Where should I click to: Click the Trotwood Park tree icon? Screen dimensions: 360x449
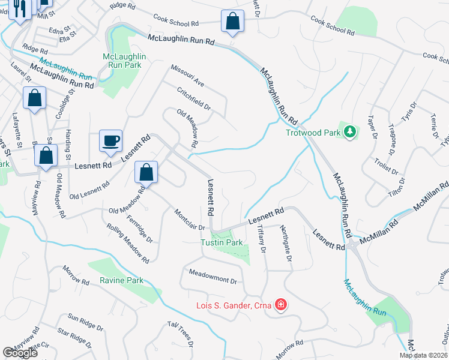coord(349,131)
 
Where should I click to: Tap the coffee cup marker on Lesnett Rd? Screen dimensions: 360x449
coord(110,141)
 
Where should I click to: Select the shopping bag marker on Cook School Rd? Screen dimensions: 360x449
coord(232,21)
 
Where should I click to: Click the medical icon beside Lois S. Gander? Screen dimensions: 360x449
coord(280,305)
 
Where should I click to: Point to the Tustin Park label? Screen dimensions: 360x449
coord(221,242)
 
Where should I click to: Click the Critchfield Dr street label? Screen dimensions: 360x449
coord(194,99)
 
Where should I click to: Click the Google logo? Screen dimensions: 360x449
coord(20,353)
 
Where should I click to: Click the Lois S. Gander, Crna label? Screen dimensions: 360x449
coord(234,305)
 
